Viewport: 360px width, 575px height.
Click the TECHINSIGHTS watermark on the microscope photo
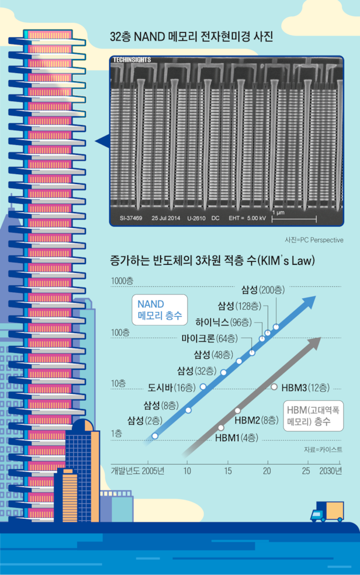click(x=133, y=60)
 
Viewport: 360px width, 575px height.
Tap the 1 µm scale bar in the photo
click(x=294, y=220)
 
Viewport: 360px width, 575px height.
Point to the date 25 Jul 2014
click(x=167, y=219)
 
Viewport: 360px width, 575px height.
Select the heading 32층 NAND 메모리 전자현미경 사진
click(x=191, y=38)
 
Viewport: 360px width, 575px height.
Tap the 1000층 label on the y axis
click(x=122, y=280)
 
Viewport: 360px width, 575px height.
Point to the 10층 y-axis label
click(x=118, y=383)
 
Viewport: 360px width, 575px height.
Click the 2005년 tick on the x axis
click(x=154, y=470)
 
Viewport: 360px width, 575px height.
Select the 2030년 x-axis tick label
click(x=330, y=470)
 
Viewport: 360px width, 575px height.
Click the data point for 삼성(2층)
click(x=155, y=435)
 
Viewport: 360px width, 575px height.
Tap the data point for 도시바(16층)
click(x=203, y=387)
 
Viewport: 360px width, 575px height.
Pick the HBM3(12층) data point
click(x=275, y=387)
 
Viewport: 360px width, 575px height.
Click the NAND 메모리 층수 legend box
click(x=159, y=310)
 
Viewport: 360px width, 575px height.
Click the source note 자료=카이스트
click(x=323, y=449)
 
